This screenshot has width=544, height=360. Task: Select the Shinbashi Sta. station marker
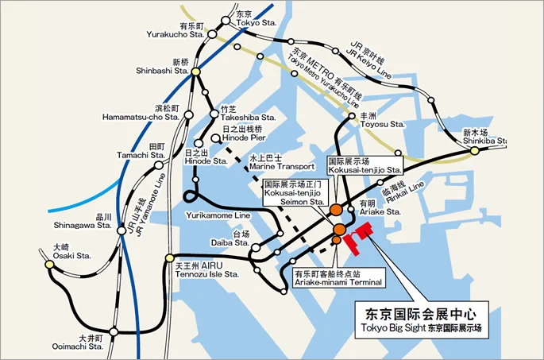196,72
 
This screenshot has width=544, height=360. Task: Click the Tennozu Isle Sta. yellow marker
169,257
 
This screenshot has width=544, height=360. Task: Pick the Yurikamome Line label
218,215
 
